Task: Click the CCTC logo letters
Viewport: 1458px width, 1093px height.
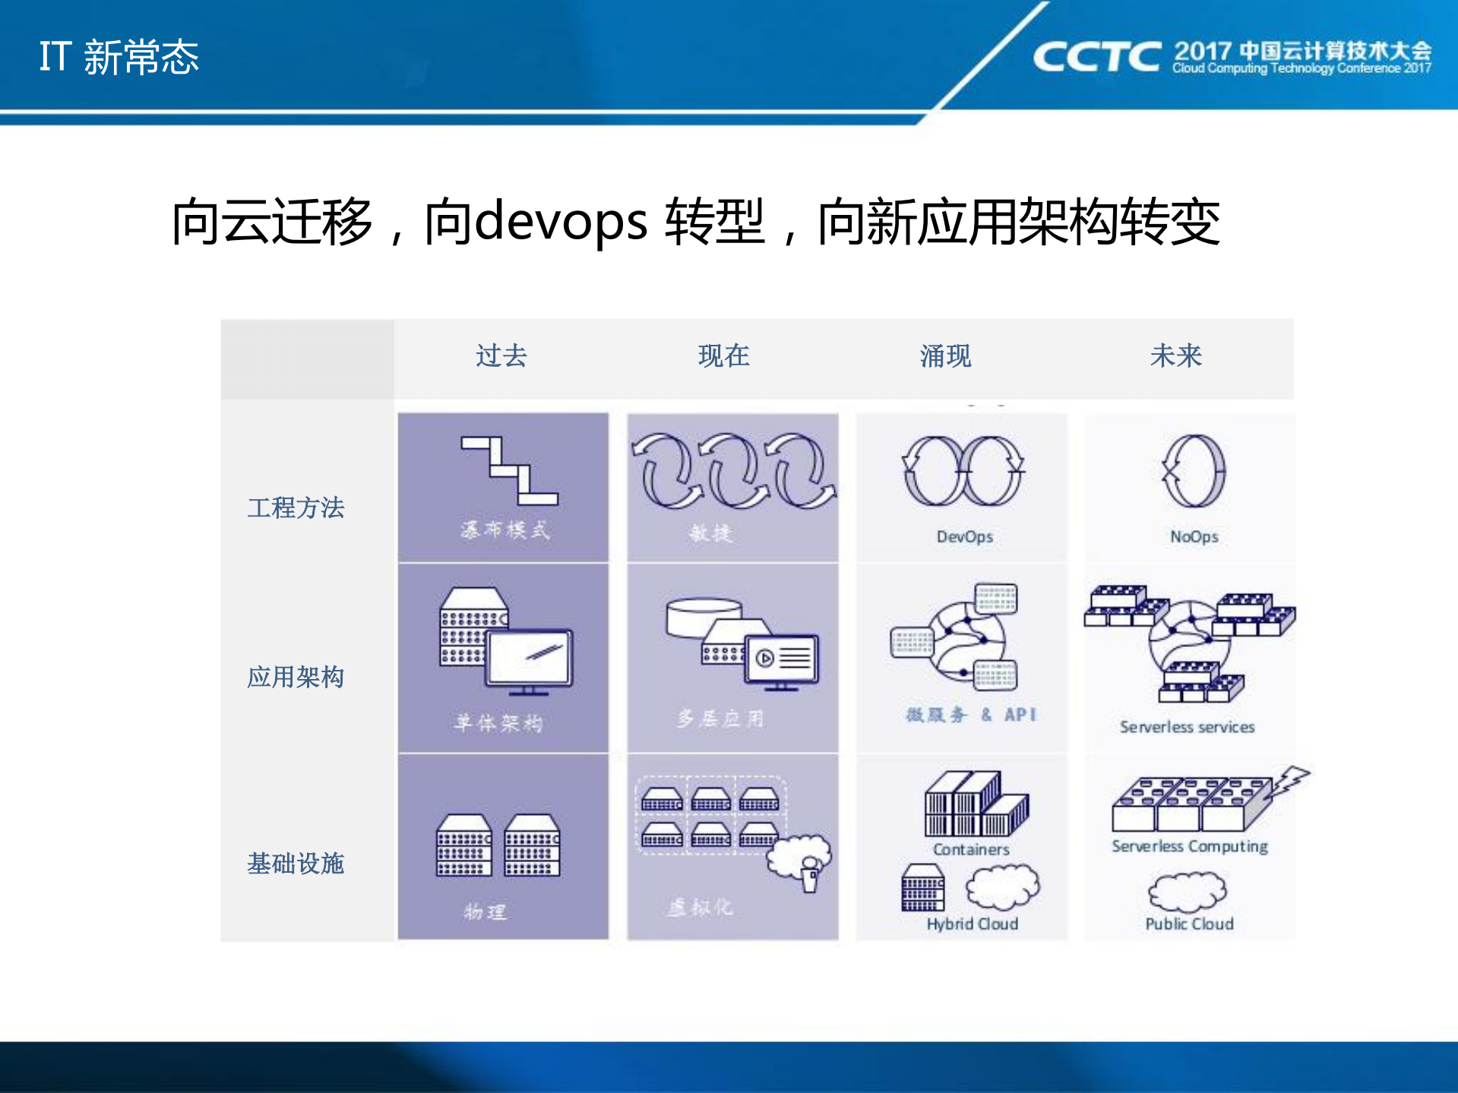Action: point(1096,57)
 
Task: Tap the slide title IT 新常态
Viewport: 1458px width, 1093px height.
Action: point(119,57)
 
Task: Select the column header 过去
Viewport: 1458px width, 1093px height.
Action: point(501,355)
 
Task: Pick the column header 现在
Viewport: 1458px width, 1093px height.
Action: point(723,355)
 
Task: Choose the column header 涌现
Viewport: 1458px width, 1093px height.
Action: point(945,355)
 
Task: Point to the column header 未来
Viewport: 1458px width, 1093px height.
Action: point(1175,355)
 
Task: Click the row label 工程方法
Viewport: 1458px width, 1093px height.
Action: point(296,507)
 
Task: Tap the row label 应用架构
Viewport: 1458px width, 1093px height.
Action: point(296,676)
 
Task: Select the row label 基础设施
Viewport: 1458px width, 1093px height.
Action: point(296,863)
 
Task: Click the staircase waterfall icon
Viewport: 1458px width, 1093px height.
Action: point(509,471)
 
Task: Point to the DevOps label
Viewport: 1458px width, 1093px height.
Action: point(964,536)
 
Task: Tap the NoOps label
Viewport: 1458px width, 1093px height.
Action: point(1194,536)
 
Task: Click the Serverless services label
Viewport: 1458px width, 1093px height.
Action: point(1187,727)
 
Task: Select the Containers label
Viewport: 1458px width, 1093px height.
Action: point(971,849)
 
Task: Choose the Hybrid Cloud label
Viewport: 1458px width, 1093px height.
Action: point(972,924)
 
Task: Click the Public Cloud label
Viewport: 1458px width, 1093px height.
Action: point(1189,924)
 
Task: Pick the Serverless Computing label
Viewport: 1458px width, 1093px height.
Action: point(1189,846)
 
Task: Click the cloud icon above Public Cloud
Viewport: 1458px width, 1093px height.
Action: point(1188,891)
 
